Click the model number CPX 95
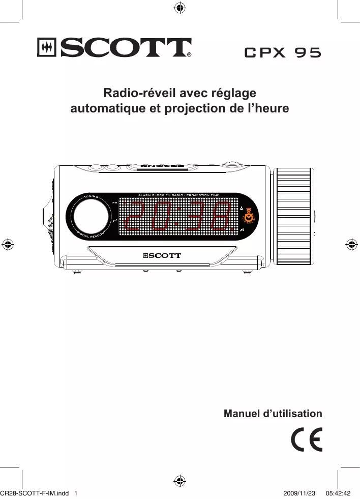pyautogui.click(x=283, y=52)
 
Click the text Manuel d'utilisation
pyautogui.click(x=273, y=414)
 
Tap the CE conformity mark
pyautogui.click(x=307, y=441)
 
